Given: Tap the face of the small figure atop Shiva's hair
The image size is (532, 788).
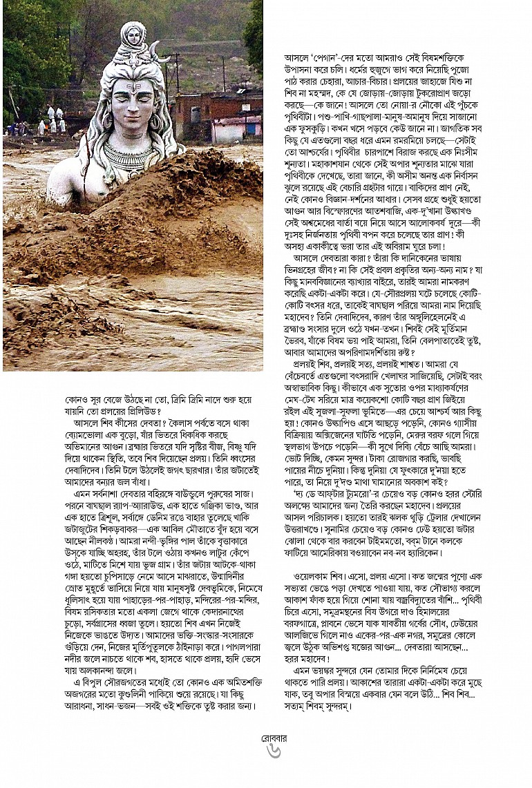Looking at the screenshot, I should [133, 33].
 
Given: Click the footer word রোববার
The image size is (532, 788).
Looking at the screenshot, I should [274, 738].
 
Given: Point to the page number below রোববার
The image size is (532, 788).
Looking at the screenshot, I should [274, 751].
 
